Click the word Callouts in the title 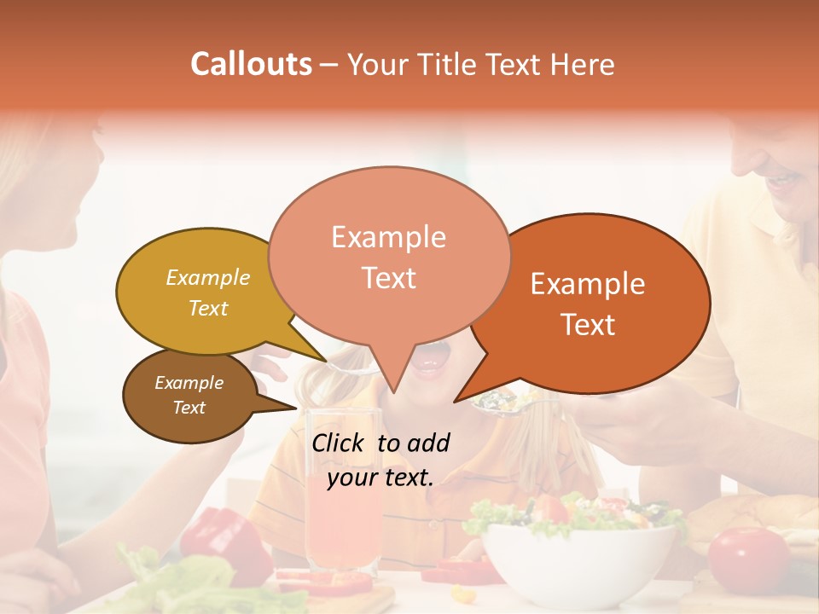[251, 64]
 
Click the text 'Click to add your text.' [380, 460]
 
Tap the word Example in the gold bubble [208, 278]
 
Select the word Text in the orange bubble [589, 325]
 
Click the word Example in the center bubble [388, 237]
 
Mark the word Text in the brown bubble [189, 408]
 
